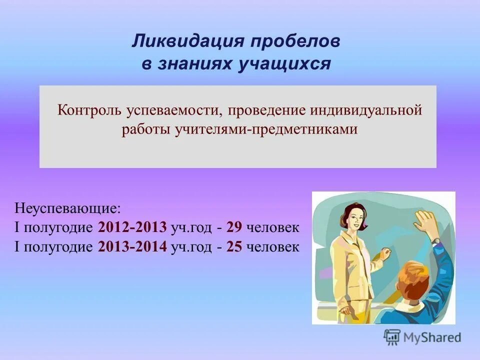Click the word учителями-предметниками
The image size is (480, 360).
(x=266, y=129)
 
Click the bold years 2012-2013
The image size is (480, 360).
(x=132, y=227)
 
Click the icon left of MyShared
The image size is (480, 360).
(x=392, y=337)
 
